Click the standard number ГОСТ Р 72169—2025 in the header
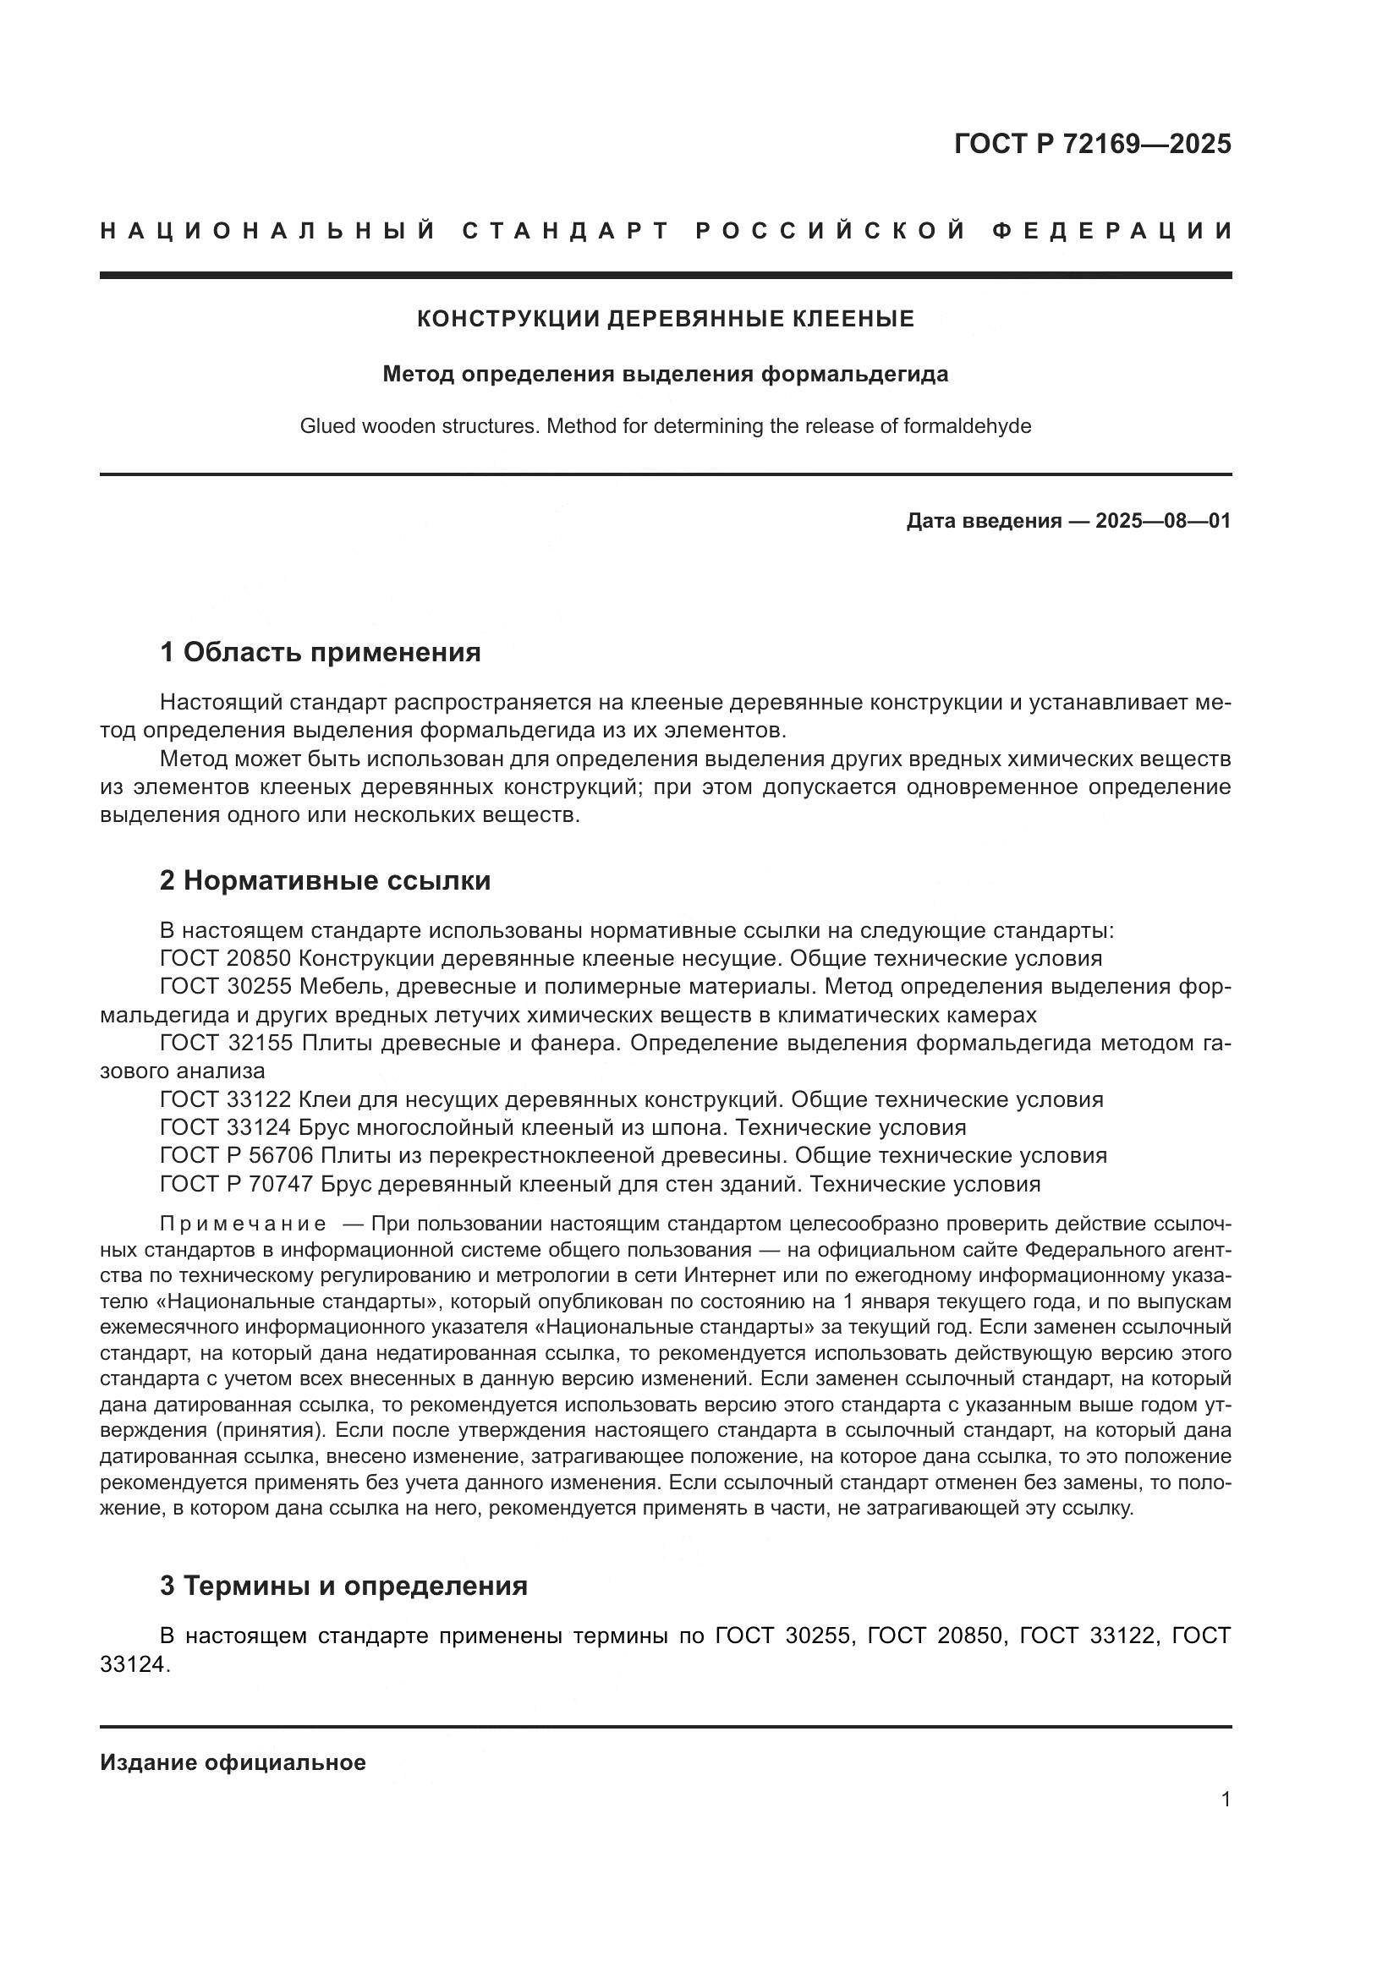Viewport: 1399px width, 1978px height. pyautogui.click(x=1092, y=144)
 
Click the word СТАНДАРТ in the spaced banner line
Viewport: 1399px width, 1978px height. pyautogui.click(x=566, y=231)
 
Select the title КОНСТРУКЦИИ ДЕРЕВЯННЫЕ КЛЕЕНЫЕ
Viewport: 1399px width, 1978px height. pyautogui.click(x=665, y=320)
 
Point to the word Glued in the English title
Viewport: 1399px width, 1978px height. pyautogui.click(x=325, y=426)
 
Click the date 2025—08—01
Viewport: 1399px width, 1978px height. pyautogui.click(x=1163, y=521)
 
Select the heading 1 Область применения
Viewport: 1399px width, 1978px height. pyautogui.click(x=320, y=652)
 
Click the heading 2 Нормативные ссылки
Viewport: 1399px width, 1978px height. pyautogui.click(x=325, y=880)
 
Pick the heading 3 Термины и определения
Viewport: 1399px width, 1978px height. pyautogui.click(x=343, y=1585)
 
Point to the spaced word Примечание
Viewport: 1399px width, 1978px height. pyautogui.click(x=243, y=1225)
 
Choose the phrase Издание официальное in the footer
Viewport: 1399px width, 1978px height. pyautogui.click(x=233, y=1762)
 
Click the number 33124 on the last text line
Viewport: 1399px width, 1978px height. pyautogui.click(x=131, y=1664)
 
